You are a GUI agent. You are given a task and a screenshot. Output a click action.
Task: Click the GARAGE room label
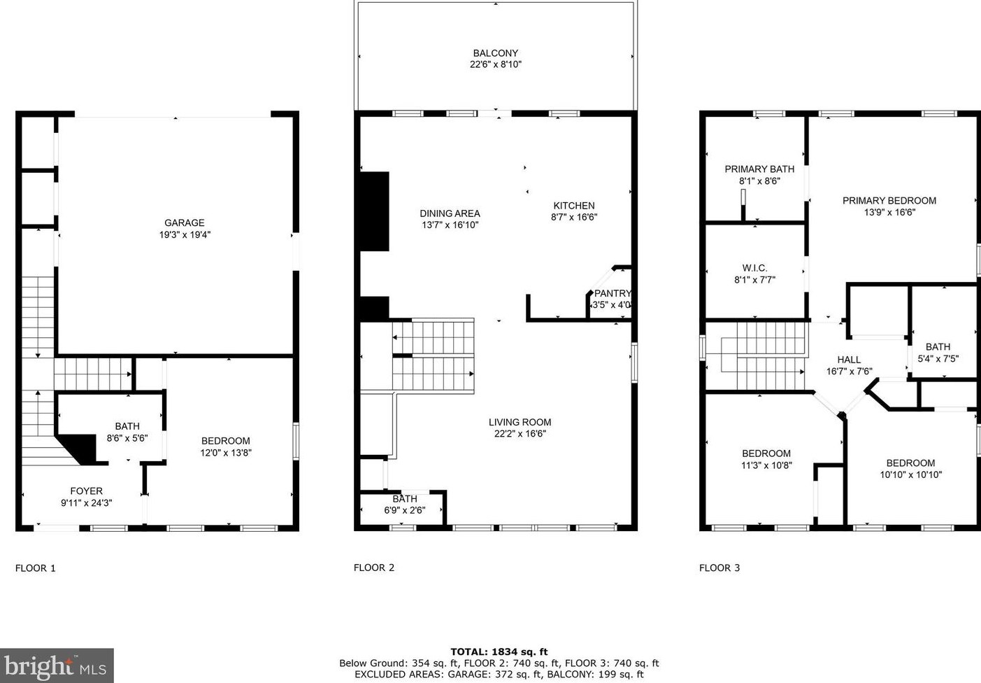pos(185,223)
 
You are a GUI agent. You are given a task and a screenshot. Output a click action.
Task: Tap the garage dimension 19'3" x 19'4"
pos(185,235)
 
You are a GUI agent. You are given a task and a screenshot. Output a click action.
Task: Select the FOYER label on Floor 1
pos(86,491)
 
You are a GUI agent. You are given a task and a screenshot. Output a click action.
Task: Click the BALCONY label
pos(495,53)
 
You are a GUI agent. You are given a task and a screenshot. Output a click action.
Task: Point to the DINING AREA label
pos(450,213)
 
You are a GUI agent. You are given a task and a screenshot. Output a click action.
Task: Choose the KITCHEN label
pos(573,206)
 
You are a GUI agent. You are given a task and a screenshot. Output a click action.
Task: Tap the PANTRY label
pos(613,293)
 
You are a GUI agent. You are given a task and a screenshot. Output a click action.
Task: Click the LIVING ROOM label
pos(520,422)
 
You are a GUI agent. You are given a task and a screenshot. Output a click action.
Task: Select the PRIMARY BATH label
pos(759,169)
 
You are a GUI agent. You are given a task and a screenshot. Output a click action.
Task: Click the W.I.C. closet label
pos(754,268)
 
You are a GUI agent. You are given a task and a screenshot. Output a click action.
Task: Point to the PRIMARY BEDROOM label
pos(889,200)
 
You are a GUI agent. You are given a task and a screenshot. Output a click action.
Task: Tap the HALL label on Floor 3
pos(849,360)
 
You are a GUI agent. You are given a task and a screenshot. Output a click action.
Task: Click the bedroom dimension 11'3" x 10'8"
pos(766,465)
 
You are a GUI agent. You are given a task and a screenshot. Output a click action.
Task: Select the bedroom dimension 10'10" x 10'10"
pos(910,474)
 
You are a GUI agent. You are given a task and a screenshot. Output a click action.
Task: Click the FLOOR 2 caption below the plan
pos(374,568)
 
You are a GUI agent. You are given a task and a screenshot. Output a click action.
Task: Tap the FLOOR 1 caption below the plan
pos(36,568)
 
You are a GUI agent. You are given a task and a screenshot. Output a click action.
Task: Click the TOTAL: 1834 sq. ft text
pos(499,652)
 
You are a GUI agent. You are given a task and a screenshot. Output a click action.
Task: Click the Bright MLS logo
pos(57,666)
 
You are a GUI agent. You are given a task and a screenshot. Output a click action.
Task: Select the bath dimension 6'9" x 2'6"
pos(404,510)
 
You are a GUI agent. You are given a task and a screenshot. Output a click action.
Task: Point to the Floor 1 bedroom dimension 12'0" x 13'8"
pos(226,453)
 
